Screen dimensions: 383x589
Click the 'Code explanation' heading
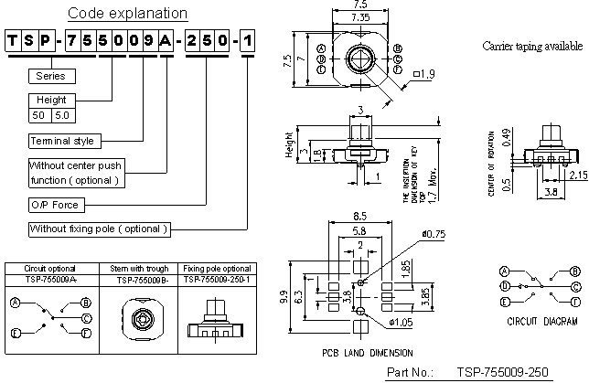click(128, 14)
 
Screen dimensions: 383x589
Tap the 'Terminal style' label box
click(63, 142)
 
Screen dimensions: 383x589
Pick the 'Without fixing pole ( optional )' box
click(99, 229)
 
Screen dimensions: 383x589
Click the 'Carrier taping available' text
click(531, 46)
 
